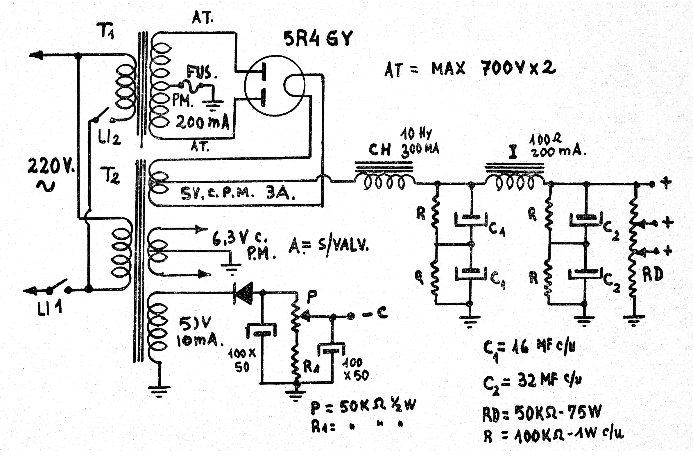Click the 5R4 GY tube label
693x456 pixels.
coord(318,38)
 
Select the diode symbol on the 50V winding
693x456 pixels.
coord(243,293)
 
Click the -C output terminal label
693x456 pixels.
coord(376,314)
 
